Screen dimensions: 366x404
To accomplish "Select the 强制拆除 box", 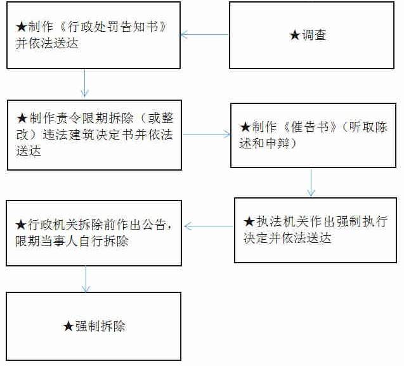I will pos(94,326).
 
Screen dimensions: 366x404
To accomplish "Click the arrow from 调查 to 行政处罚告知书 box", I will pos(205,34).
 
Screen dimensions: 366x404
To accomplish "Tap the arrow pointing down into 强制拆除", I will pos(86,279).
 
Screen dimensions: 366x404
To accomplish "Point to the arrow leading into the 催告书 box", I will pos(205,134).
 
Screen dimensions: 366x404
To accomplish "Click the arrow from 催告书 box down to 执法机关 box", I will pos(311,182).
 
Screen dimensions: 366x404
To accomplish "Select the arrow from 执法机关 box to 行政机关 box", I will pos(209,226).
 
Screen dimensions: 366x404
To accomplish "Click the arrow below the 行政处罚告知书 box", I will pos(85,83).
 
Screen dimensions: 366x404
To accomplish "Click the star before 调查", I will pos(294,36).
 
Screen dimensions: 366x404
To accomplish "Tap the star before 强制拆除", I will pos(68,326).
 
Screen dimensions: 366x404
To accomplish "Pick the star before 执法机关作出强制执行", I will pos(249,222).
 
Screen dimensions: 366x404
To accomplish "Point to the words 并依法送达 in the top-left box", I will pos(42,43).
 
